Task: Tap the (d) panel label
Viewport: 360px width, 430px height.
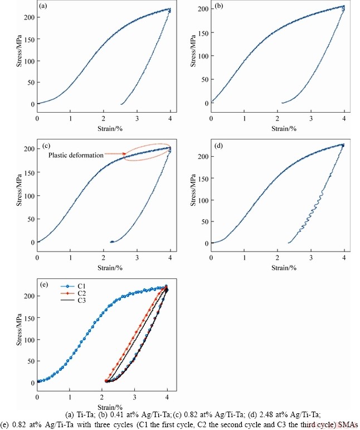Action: click(x=218, y=147)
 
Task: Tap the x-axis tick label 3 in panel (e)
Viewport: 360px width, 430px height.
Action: click(x=135, y=397)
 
